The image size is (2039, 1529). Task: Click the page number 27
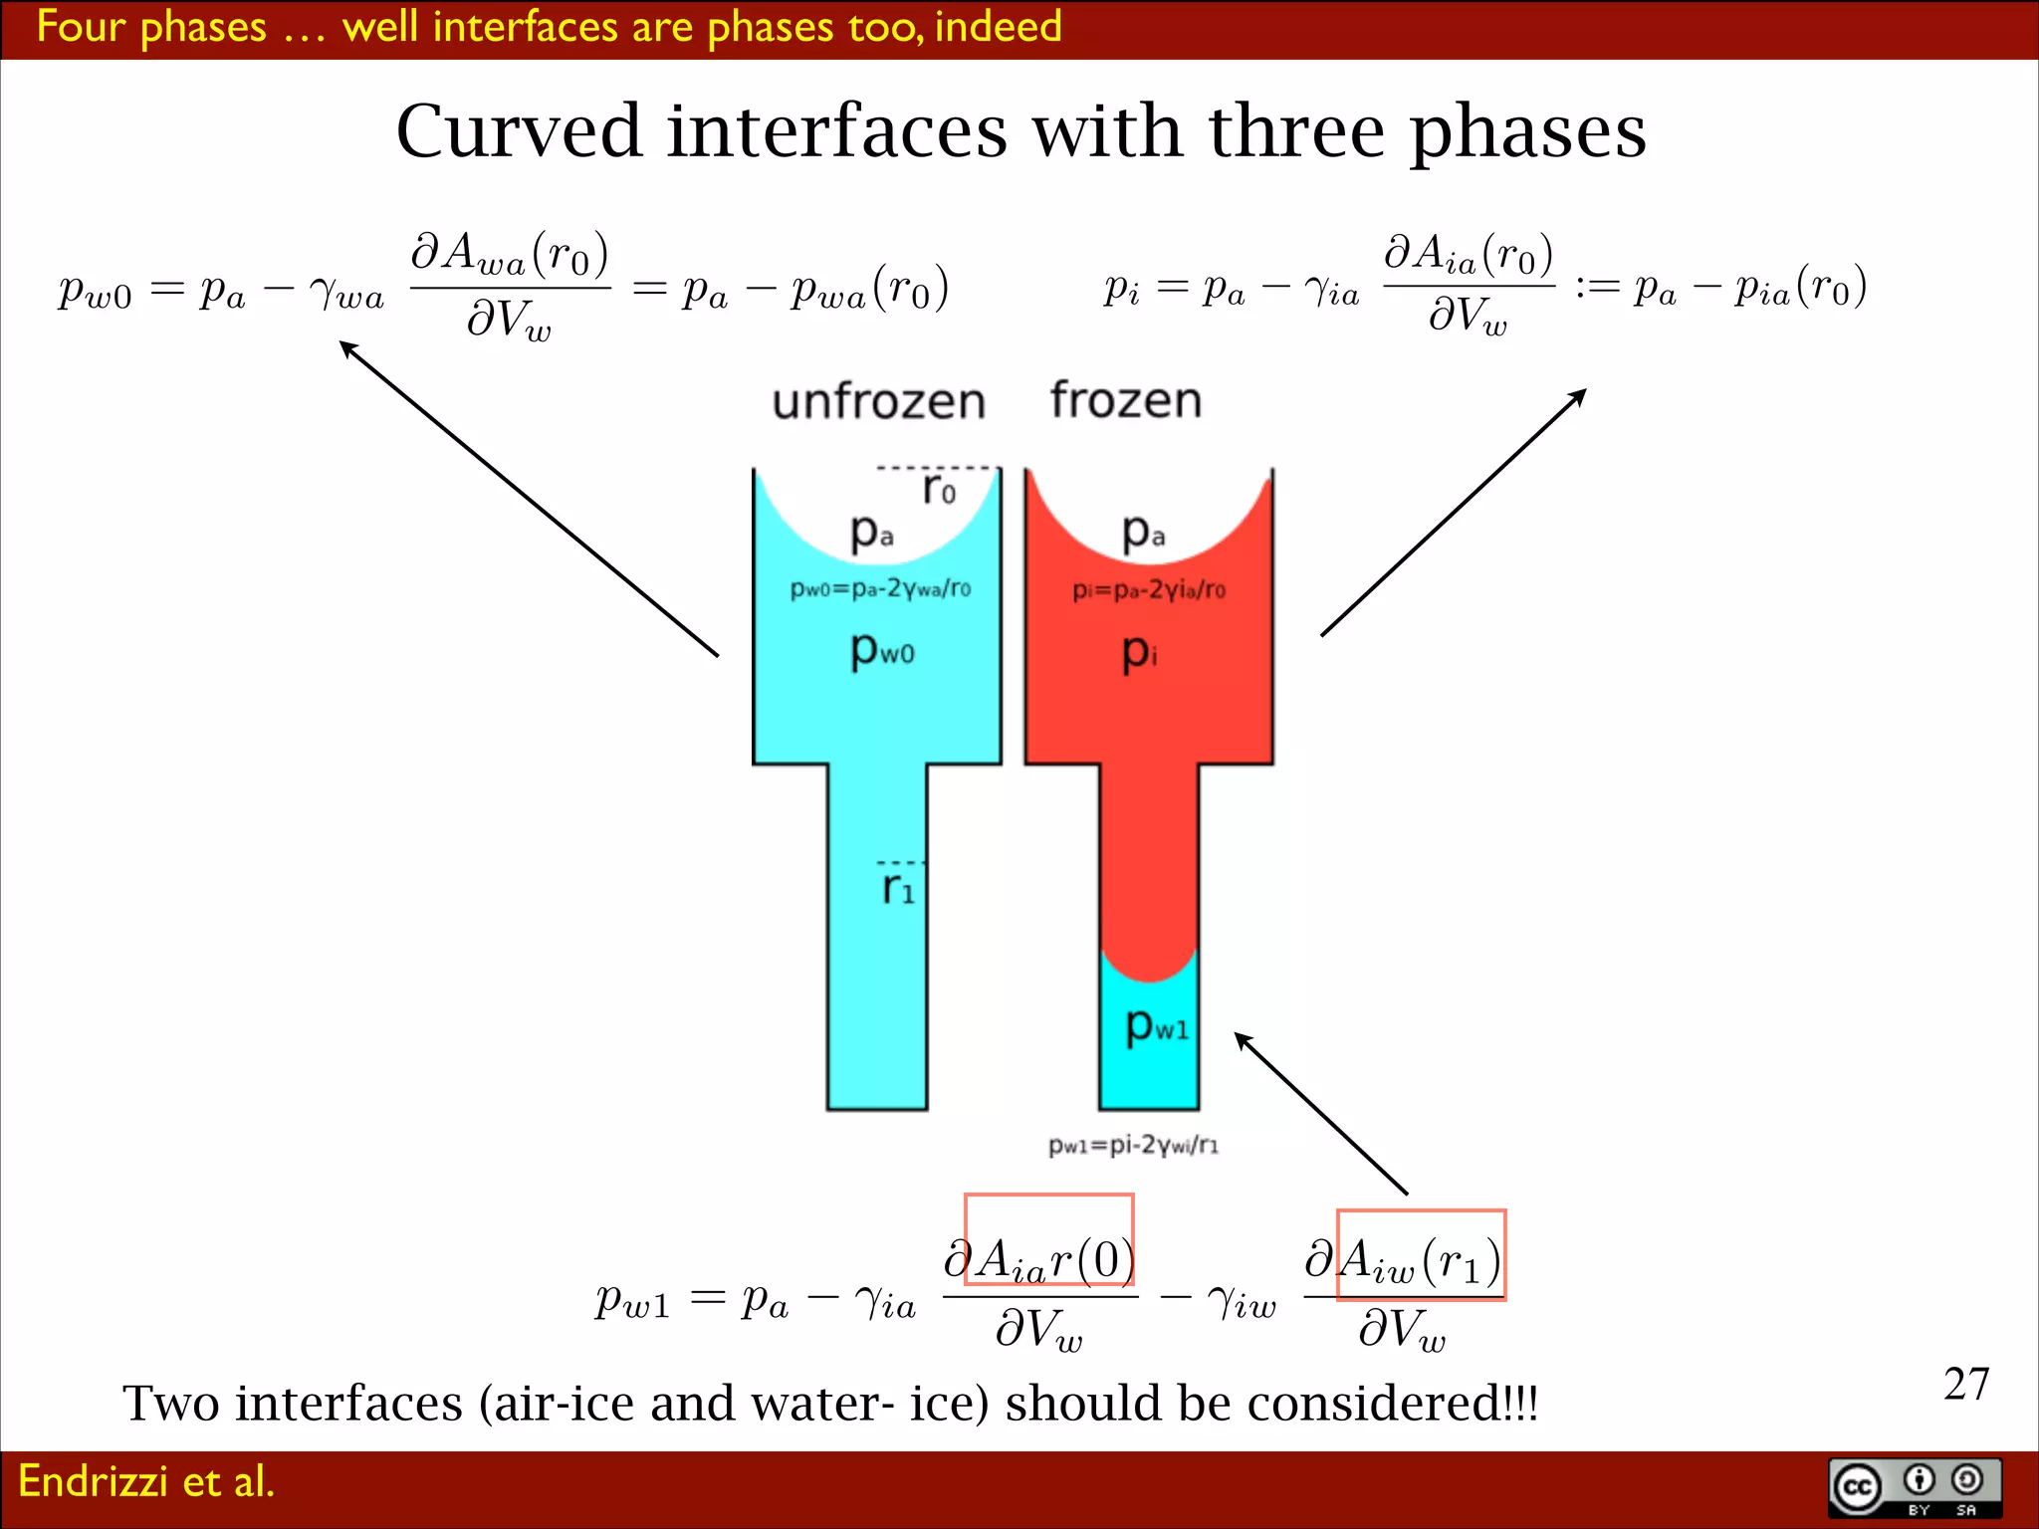coord(1965,1384)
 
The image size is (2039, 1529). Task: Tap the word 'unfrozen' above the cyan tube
coord(878,401)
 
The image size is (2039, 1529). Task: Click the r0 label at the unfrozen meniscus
coord(938,489)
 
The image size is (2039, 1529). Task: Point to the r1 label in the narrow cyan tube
coord(897,887)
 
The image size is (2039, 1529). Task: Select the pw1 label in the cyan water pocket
coord(1156,1025)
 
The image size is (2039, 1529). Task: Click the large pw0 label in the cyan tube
coord(881,651)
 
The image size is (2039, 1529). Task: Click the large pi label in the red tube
coord(1138,653)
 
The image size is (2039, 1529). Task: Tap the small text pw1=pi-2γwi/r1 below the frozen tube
coord(1132,1145)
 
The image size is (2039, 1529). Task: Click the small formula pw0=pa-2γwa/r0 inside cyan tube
coord(880,588)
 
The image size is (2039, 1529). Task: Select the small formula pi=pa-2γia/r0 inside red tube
coord(1148,590)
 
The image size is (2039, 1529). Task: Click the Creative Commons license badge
coord(1914,1488)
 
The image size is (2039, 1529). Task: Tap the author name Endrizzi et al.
coord(145,1481)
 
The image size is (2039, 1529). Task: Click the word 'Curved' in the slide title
coord(519,131)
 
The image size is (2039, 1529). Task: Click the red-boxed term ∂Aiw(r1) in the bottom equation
coord(1420,1256)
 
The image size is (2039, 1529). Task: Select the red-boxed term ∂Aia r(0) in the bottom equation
coord(1047,1240)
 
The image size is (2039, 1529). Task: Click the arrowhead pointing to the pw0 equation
coord(346,347)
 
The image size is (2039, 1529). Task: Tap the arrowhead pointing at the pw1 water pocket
coord(1242,1039)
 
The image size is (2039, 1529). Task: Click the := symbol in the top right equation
coord(1596,288)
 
